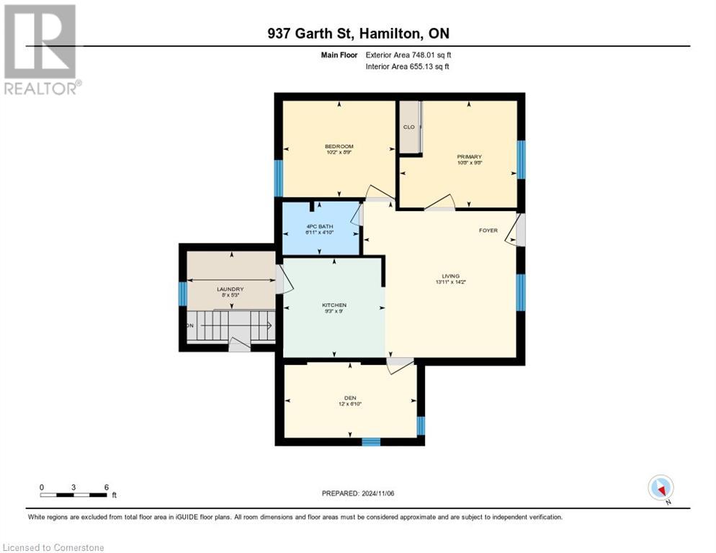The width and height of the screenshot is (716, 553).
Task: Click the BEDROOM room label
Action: (x=339, y=147)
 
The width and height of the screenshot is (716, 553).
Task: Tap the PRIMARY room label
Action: (x=469, y=157)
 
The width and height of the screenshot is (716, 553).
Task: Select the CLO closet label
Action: (x=408, y=127)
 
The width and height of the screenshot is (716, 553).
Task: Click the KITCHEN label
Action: (x=334, y=305)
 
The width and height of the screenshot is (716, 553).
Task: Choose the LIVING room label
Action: (x=451, y=276)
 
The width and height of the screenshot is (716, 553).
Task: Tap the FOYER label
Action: (x=488, y=230)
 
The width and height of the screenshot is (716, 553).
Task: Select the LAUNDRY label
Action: (x=231, y=289)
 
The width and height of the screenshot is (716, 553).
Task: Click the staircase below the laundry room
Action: (x=231, y=325)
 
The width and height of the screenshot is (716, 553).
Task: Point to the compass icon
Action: (x=661, y=487)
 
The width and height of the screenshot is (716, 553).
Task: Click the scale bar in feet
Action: (x=74, y=495)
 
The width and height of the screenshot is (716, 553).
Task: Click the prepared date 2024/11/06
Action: (x=358, y=493)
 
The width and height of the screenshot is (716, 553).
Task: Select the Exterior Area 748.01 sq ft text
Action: (x=408, y=55)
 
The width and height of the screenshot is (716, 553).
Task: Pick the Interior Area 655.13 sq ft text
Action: (x=408, y=67)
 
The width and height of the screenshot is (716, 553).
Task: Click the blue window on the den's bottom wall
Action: (x=371, y=441)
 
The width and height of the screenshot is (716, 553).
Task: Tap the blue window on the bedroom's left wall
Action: (x=279, y=178)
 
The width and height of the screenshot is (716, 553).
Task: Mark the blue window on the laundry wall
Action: (x=183, y=293)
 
